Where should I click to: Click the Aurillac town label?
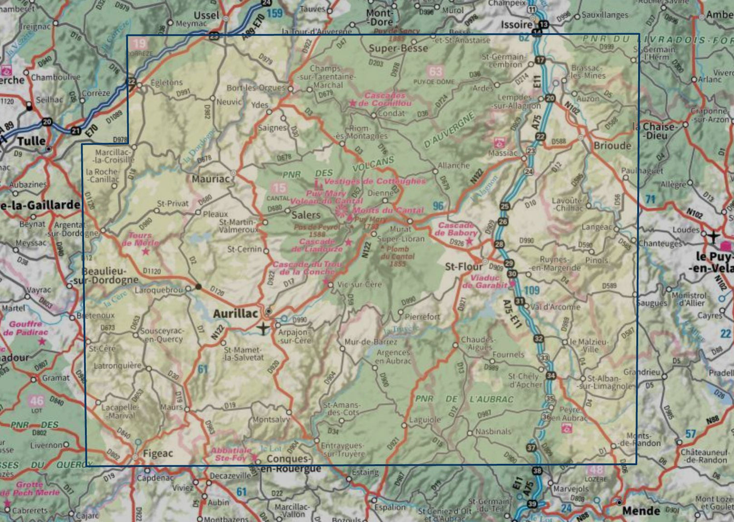pyautogui.click(x=235, y=313)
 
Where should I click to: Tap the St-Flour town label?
pyautogui.click(x=463, y=267)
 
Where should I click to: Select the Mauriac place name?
pyautogui.click(x=210, y=179)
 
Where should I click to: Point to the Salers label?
pyautogui.click(x=306, y=215)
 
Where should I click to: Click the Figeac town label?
pyautogui.click(x=158, y=453)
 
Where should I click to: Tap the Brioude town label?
pyautogui.click(x=612, y=145)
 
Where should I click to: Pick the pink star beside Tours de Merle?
pyautogui.click(x=145, y=252)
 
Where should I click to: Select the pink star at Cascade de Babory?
pyautogui.click(x=469, y=241)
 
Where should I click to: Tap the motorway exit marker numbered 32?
pyautogui.click(x=538, y=338)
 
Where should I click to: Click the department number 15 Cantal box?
pyautogui.click(x=279, y=188)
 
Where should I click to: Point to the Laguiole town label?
pyautogui.click(x=425, y=420)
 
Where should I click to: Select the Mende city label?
pyautogui.click(x=641, y=511)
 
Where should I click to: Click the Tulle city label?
pyautogui.click(x=31, y=142)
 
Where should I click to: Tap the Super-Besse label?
pyautogui.click(x=398, y=48)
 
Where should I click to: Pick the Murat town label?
pyautogui.click(x=400, y=229)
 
